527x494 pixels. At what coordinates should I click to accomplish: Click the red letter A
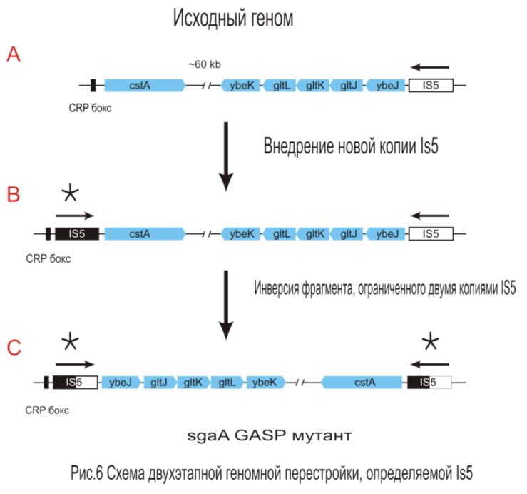[x=13, y=55]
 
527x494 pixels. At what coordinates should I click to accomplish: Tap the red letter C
[x=14, y=347]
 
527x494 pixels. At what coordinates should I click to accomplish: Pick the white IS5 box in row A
[x=431, y=86]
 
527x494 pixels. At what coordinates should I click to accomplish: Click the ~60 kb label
[x=204, y=64]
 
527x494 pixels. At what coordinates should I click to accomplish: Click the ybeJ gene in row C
[x=121, y=382]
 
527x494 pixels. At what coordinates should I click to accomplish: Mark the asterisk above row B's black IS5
[x=71, y=194]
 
